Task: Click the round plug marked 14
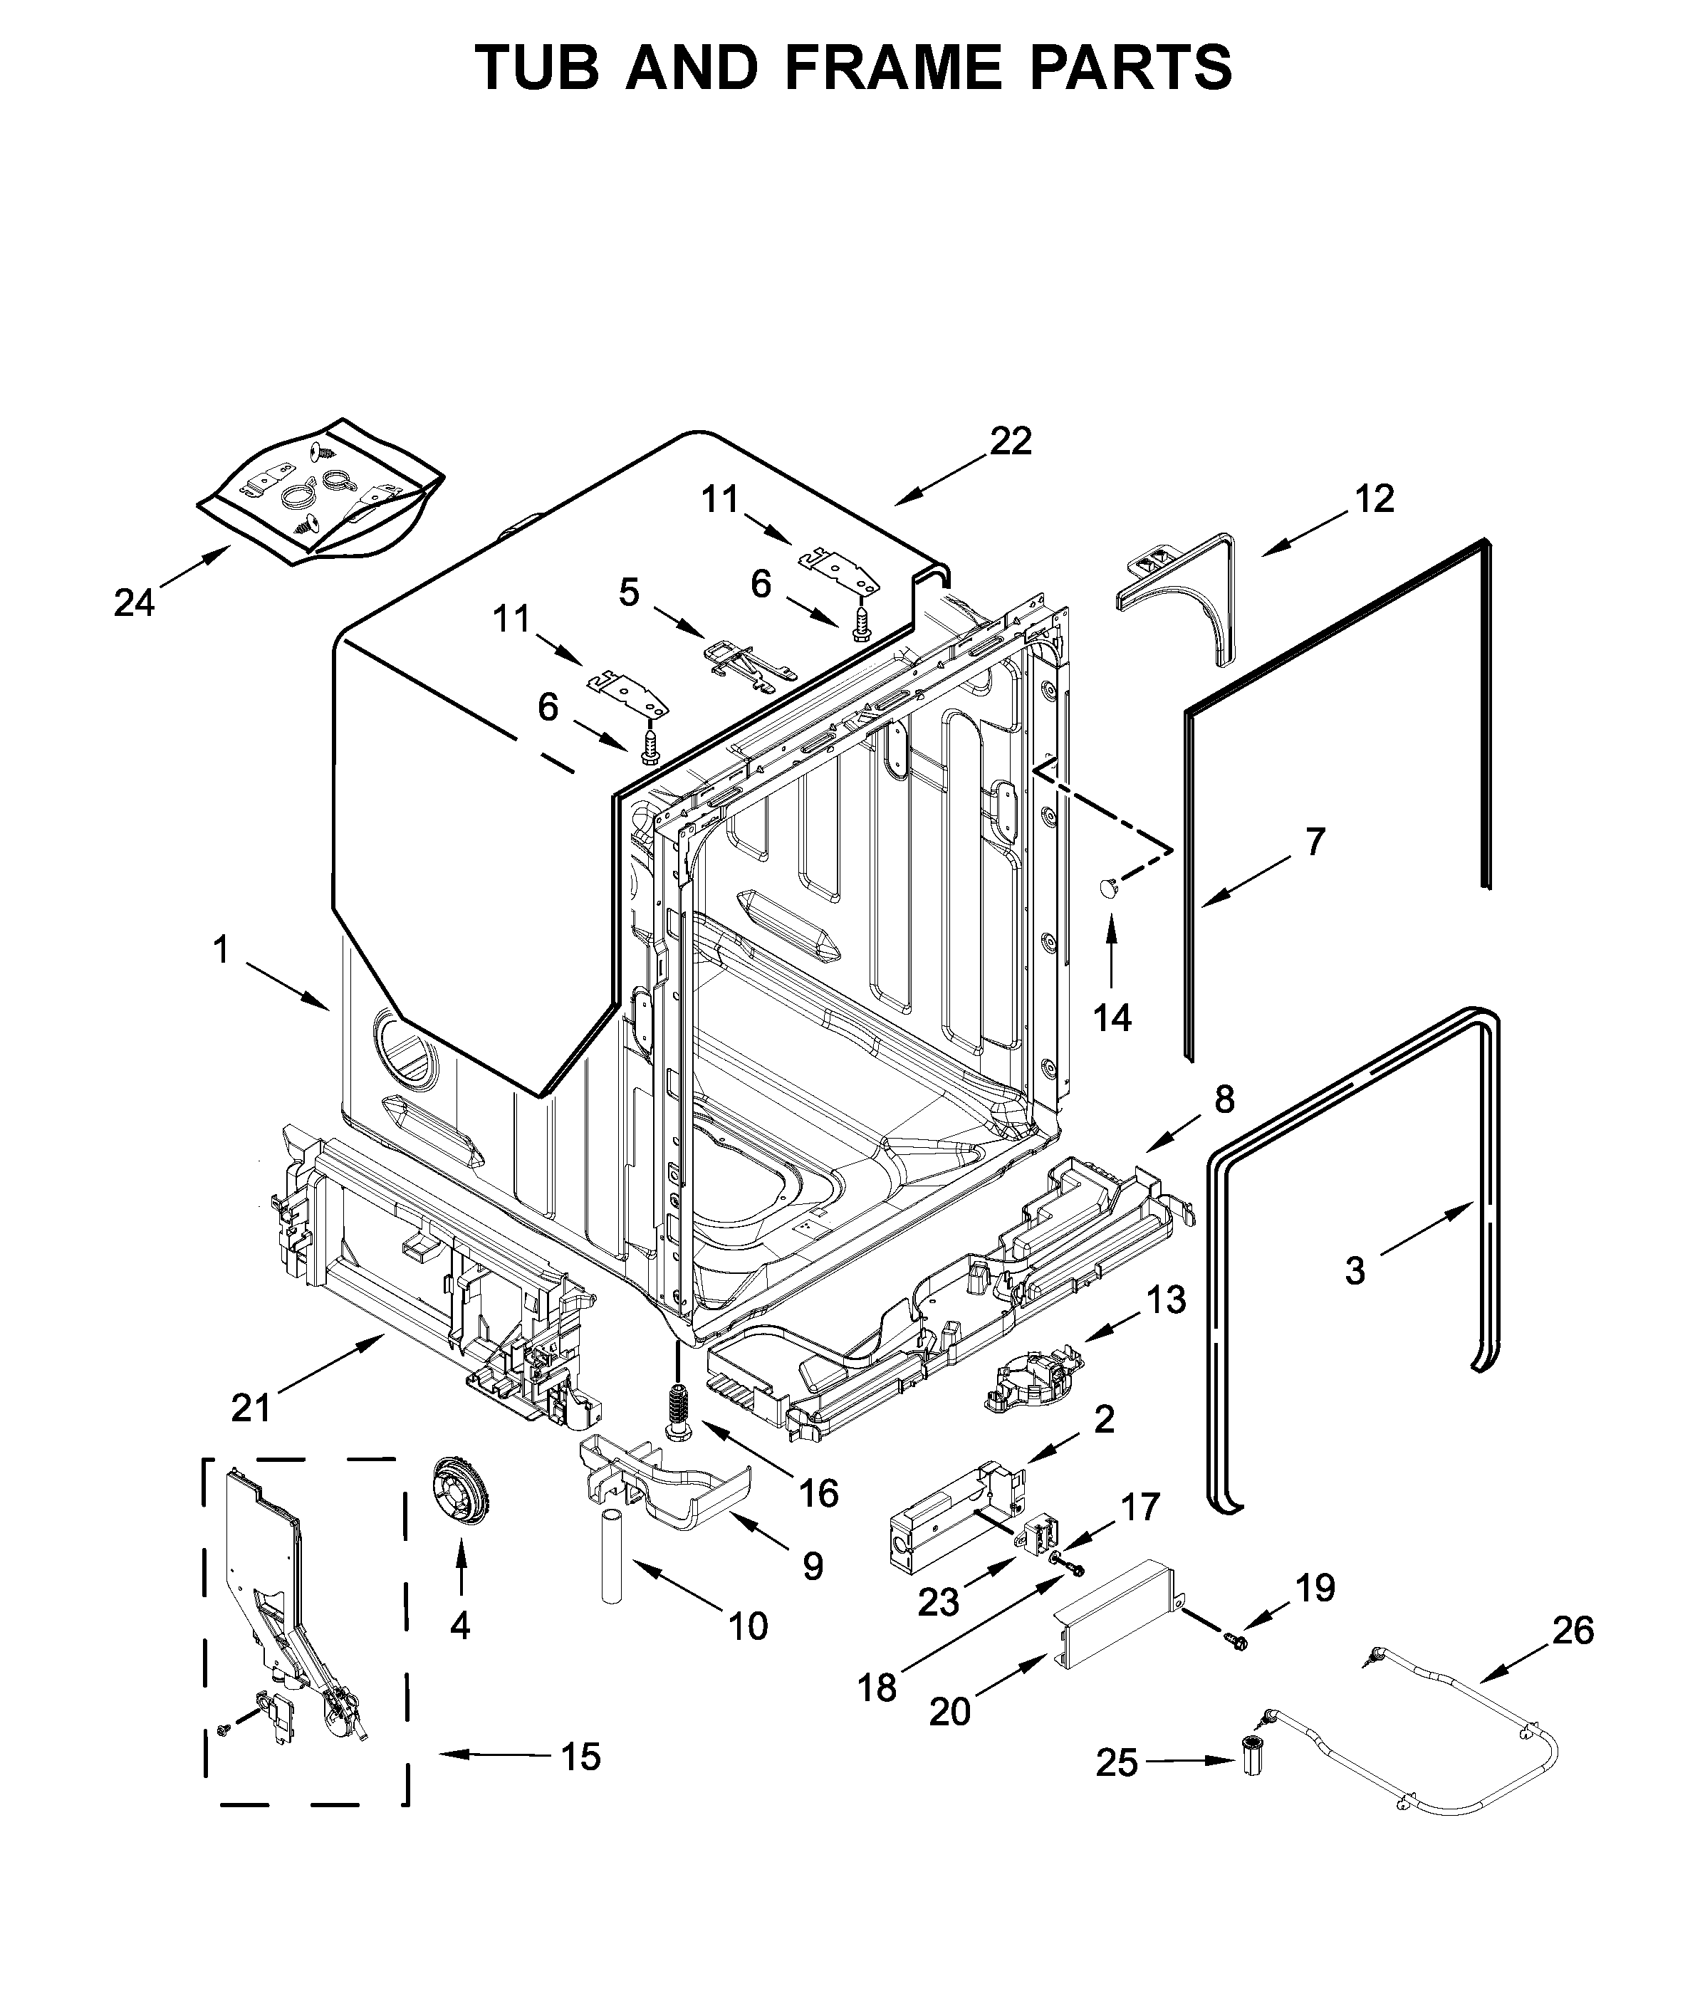(1108, 887)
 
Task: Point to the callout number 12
(1375, 498)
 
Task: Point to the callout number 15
(580, 1757)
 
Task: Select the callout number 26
(1573, 1631)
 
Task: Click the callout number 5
(628, 592)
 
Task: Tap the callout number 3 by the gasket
(1355, 1270)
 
